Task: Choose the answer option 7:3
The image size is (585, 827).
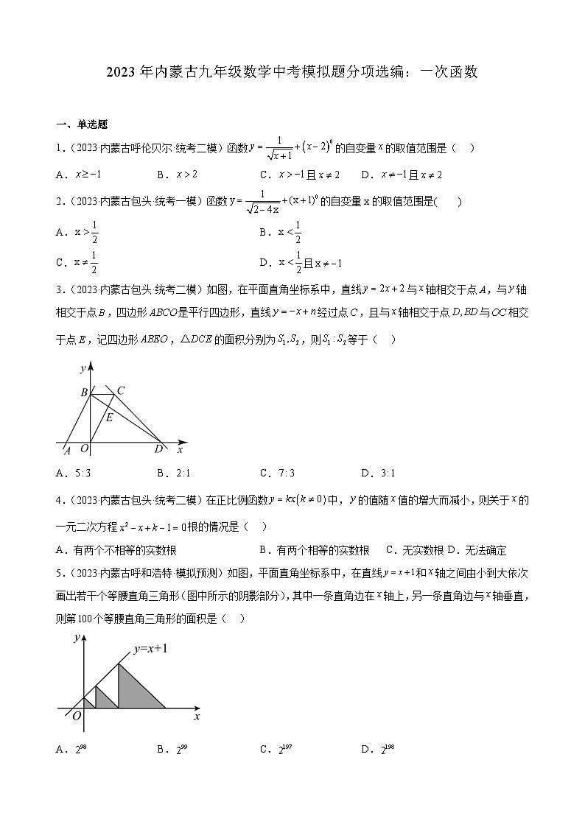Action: tap(277, 474)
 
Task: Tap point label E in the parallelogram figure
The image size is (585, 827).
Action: tap(109, 418)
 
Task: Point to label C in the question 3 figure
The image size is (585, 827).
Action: tap(121, 390)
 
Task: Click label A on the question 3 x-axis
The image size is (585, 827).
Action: tap(66, 450)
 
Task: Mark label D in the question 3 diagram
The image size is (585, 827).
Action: tap(158, 450)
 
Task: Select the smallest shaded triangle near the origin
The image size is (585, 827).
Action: tap(88, 703)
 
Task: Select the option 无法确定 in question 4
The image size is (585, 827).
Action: tap(482, 550)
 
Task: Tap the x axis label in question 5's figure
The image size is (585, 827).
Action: tap(197, 716)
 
